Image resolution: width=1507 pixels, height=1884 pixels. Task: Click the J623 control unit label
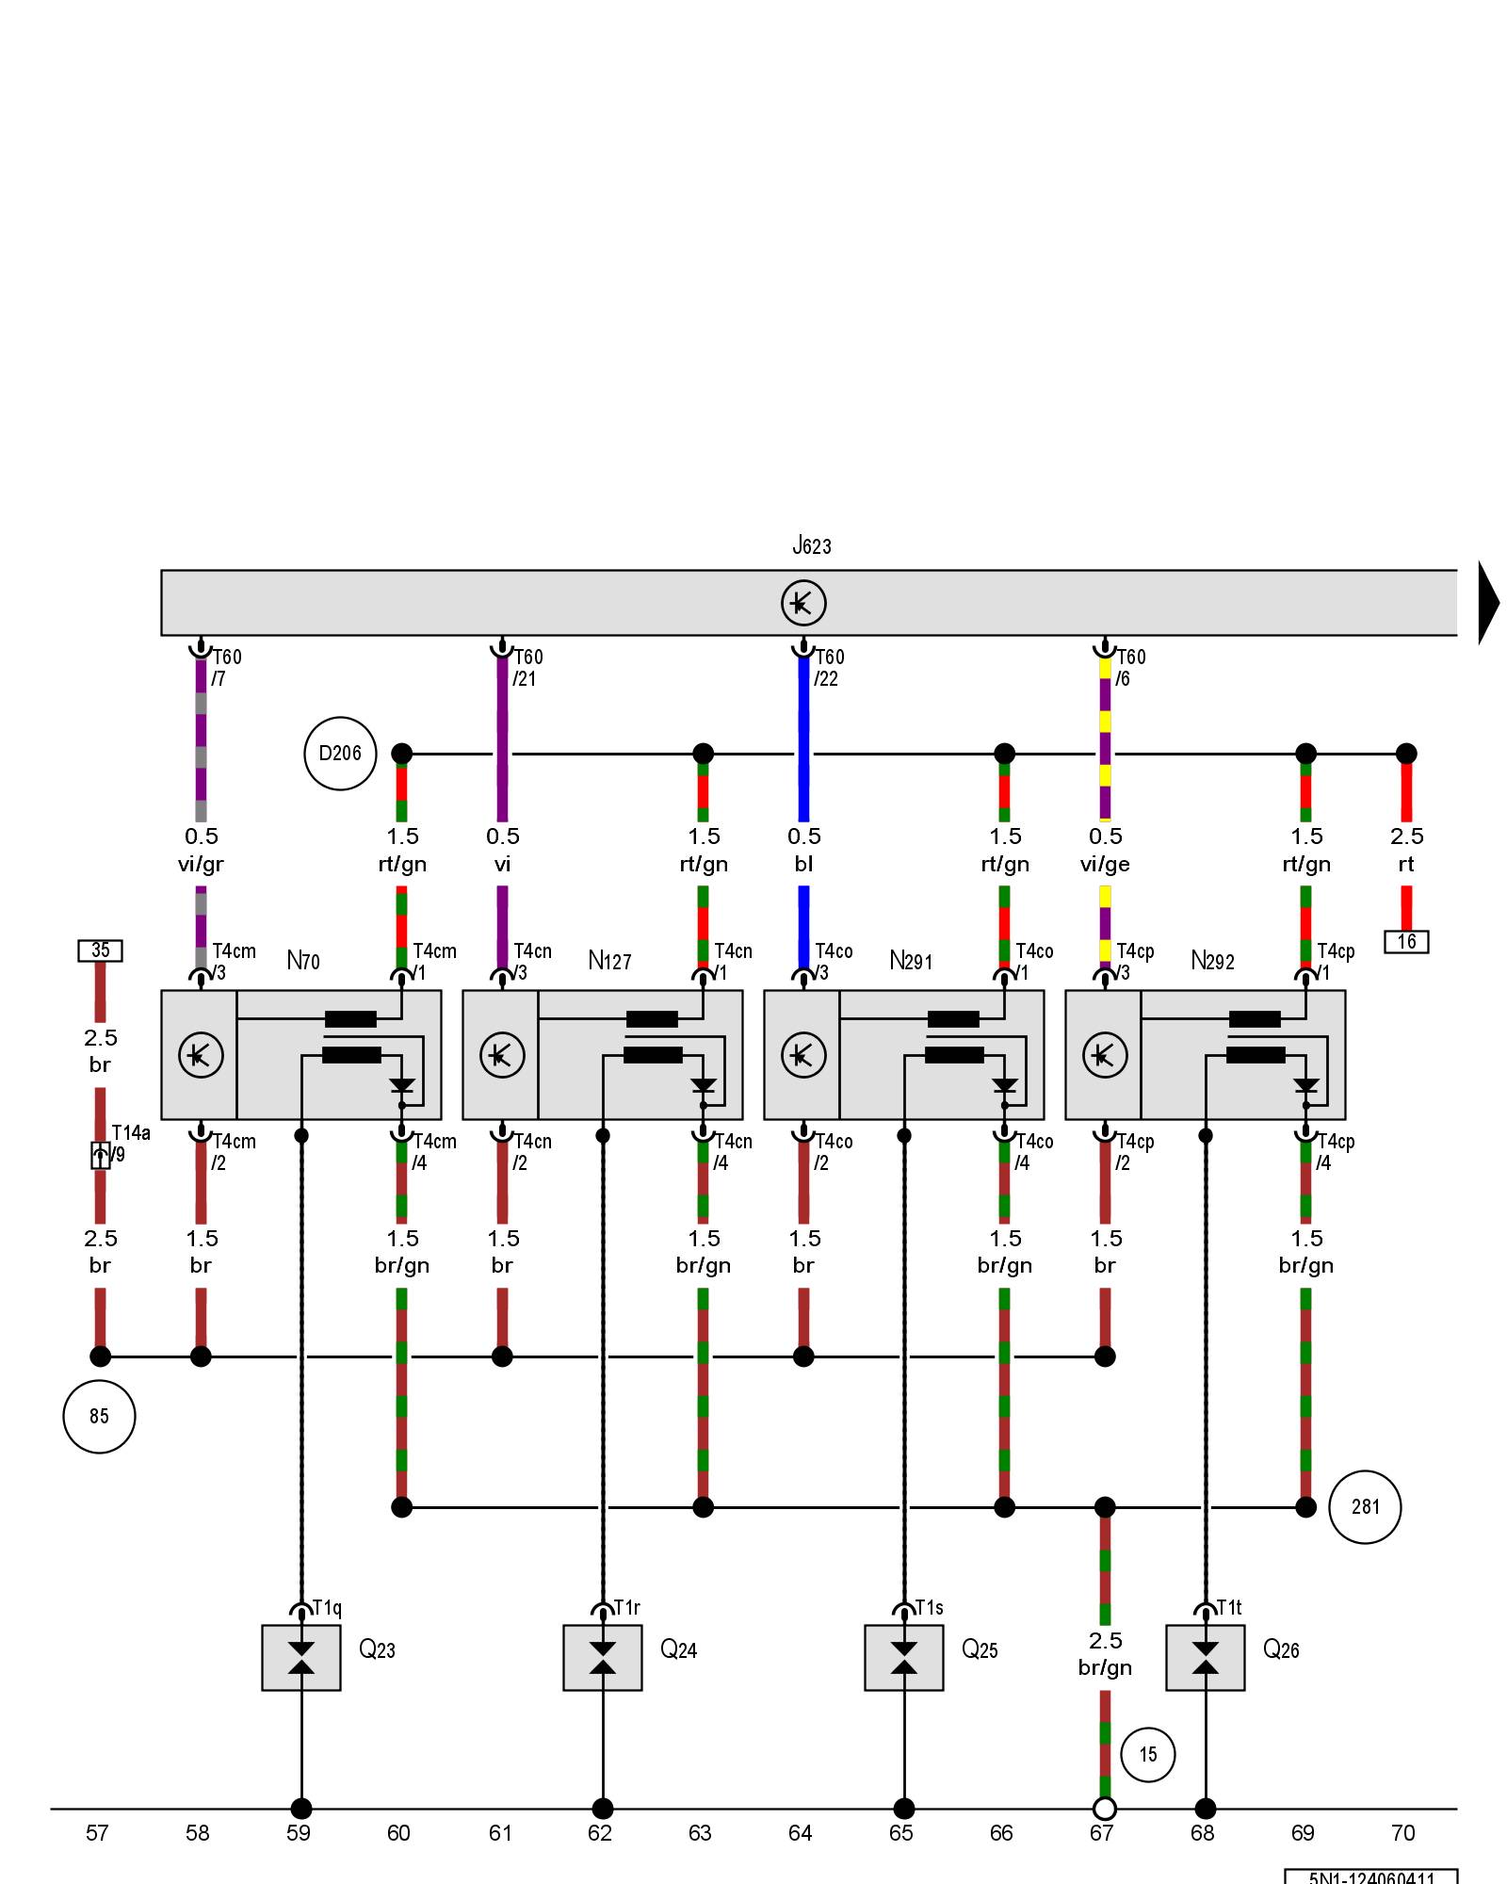pos(811,545)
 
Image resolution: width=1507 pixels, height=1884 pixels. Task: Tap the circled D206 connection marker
pos(340,754)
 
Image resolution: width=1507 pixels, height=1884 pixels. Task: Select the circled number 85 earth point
pos(99,1416)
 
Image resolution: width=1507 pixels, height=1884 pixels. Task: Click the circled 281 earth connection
pos(1365,1507)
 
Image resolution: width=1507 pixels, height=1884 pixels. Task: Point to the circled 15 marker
pos(1147,1754)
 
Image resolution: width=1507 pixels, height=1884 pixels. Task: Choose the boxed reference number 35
pos(100,950)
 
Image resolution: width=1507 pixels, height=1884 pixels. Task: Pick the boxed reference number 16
pos(1406,941)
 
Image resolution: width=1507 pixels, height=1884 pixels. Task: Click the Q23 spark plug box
pos(301,1658)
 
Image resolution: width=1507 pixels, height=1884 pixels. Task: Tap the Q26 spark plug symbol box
pos(1205,1658)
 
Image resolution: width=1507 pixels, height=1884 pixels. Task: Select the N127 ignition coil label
pos(609,961)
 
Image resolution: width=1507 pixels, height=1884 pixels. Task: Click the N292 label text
pos(1212,961)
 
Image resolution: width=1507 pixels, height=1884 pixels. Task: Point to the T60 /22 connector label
pos(829,667)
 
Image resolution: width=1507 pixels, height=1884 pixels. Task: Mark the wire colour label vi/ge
pos(1105,864)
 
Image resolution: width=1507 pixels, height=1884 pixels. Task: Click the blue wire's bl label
pos(803,864)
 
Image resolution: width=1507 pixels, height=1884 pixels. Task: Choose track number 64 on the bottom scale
pos(801,1833)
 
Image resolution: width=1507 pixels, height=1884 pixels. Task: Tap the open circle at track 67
pos(1105,1809)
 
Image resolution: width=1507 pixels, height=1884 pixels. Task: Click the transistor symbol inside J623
pos(803,603)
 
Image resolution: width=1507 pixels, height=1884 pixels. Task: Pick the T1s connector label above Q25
pos(929,1608)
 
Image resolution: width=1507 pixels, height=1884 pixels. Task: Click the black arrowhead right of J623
pos(1488,603)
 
